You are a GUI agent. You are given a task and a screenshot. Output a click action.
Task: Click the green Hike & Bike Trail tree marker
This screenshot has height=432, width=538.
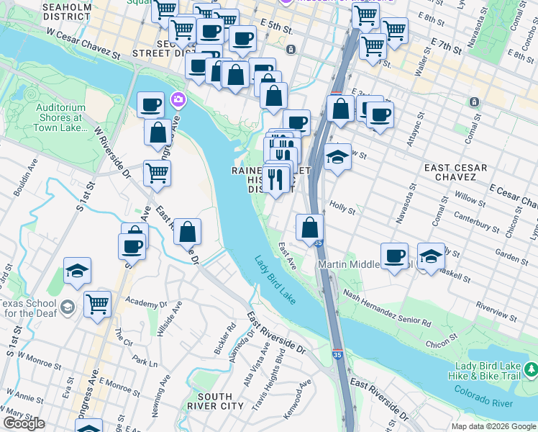click(x=530, y=370)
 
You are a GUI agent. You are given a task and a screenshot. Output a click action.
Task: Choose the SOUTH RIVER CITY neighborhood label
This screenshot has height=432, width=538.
click(x=214, y=401)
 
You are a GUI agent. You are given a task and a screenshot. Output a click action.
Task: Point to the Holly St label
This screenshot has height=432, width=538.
click(x=342, y=208)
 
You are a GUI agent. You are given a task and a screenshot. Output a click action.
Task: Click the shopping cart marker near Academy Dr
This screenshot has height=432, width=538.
click(x=97, y=302)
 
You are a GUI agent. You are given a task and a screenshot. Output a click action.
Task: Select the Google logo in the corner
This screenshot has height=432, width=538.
click(x=24, y=423)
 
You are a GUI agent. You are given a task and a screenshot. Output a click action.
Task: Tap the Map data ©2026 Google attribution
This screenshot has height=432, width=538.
click(x=493, y=426)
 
